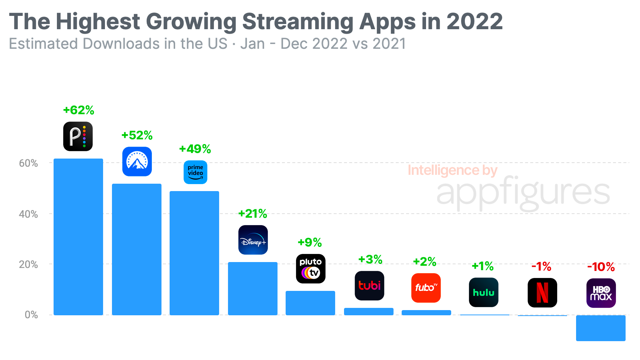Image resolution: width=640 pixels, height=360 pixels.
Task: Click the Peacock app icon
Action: point(78,136)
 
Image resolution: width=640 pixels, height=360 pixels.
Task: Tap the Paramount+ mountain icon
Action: point(137,162)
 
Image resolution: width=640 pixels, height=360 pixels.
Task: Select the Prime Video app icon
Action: point(195,172)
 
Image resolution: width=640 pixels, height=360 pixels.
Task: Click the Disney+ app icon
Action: point(253,240)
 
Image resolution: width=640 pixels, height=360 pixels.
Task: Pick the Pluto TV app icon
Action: point(311,269)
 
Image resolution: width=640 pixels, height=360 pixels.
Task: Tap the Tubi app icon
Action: point(370,286)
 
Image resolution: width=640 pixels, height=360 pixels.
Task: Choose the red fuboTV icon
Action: point(426,288)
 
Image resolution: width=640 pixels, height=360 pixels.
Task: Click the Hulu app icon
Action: point(484,292)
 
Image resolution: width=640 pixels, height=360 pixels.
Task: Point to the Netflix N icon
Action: point(542,293)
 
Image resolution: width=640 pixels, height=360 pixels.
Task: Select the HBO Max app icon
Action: point(601,293)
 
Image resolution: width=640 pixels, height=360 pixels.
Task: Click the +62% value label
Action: point(79,110)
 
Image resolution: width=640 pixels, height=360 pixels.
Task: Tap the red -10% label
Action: point(601,267)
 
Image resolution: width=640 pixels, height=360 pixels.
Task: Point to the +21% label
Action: point(253,214)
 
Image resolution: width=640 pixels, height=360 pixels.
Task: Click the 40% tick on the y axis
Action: point(28,214)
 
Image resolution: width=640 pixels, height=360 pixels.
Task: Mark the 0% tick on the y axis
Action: point(31,315)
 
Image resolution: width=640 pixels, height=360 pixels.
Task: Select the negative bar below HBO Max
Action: point(601,328)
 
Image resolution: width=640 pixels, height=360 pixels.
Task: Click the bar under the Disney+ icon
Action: point(253,288)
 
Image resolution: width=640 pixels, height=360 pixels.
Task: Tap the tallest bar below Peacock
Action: point(78,237)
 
